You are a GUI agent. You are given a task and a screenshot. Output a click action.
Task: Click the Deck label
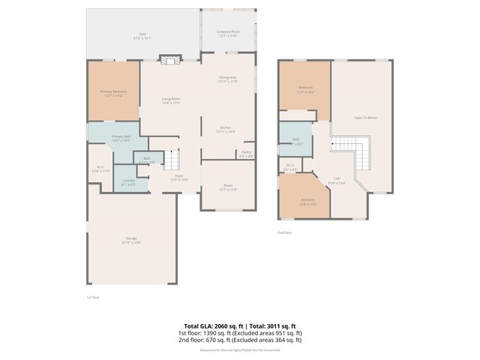[x=142, y=35]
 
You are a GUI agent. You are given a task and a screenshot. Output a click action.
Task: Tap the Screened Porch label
[x=227, y=33]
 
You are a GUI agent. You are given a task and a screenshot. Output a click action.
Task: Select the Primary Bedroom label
[x=113, y=93]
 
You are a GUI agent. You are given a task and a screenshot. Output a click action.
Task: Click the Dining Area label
[x=227, y=79]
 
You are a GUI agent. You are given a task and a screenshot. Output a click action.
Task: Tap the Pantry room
[x=246, y=154]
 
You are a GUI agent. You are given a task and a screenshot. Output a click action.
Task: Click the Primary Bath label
[x=121, y=138]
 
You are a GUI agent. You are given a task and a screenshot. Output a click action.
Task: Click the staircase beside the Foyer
[x=173, y=160]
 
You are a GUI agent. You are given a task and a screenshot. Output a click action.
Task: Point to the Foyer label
[x=178, y=178]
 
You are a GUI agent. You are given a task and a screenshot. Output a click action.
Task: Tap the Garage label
[x=132, y=241]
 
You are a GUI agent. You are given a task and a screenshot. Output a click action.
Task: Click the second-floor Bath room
[x=296, y=140]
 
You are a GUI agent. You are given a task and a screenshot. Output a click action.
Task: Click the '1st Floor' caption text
[x=92, y=297]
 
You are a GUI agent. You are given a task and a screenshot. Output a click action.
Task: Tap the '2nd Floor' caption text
[x=285, y=232]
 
